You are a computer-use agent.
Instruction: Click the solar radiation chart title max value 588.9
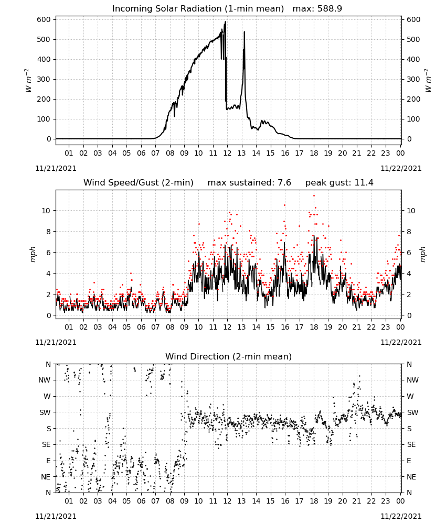pos(330,9)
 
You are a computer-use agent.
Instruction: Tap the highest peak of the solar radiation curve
pos(226,22)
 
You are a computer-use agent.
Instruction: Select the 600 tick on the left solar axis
pos(44,20)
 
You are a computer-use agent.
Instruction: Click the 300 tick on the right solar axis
pos(413,79)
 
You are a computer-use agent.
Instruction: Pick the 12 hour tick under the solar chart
pos(228,153)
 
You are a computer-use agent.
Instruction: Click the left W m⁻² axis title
pos(29,81)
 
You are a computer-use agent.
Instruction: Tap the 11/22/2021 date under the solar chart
pos(401,168)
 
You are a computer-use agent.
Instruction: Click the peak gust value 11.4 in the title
pos(367,183)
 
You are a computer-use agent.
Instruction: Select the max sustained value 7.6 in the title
pos(285,183)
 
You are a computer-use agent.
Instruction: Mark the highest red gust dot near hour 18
pos(314,196)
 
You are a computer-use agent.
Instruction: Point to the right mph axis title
pos(422,254)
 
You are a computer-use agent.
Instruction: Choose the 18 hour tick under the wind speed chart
pos(314,327)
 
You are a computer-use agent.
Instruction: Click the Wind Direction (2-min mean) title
pos(229,356)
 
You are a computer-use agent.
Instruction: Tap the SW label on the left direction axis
pos(45,412)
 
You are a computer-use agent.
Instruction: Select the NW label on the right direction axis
pos(412,380)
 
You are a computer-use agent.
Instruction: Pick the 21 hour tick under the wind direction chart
pos(357,501)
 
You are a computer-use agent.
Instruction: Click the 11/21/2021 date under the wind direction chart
pos(56,516)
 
